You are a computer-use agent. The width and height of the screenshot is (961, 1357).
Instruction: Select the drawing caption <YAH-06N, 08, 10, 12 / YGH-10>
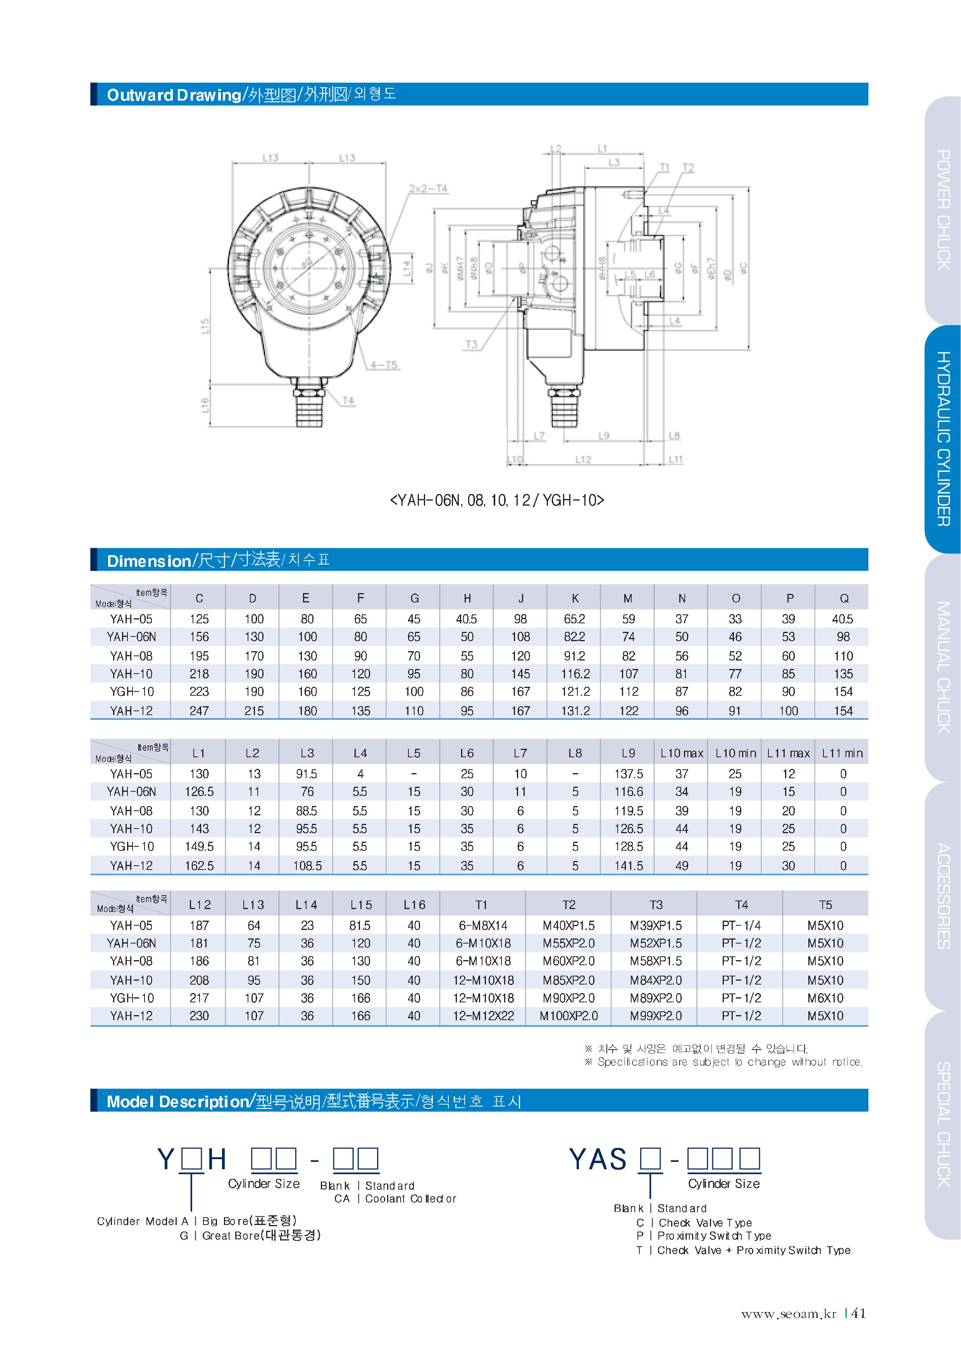click(x=497, y=500)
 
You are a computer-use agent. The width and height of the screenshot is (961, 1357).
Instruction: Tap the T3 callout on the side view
click(x=471, y=344)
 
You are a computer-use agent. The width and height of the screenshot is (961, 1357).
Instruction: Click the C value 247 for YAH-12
click(x=199, y=711)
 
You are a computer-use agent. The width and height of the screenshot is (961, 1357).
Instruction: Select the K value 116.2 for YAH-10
click(x=575, y=674)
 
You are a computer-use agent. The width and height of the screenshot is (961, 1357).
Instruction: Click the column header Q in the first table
click(x=844, y=599)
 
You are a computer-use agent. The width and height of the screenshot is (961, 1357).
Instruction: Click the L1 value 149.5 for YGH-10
click(x=199, y=846)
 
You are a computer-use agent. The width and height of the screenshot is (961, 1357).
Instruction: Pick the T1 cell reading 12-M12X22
click(x=483, y=1016)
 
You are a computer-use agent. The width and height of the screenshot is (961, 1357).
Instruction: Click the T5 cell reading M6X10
click(x=825, y=998)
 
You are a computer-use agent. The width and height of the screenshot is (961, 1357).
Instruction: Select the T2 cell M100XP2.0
click(x=569, y=1016)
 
